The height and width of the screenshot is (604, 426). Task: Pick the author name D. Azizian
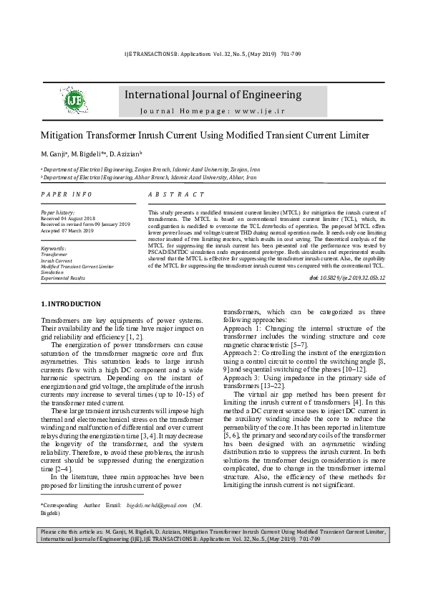pos(127,154)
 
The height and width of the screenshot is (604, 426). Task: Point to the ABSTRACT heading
pos(176,194)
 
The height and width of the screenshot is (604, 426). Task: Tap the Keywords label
pos(54,248)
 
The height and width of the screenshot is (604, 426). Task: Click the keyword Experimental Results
pos(63,278)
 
